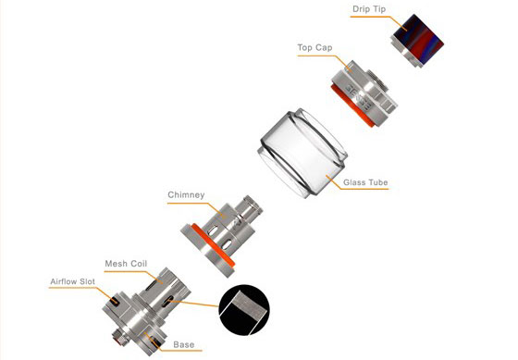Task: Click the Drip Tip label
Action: pyautogui.click(x=369, y=9)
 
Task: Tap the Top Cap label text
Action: pyautogui.click(x=314, y=47)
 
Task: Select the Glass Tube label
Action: pyautogui.click(x=365, y=182)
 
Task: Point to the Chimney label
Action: pyautogui.click(x=186, y=195)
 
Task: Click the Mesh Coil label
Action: pyautogui.click(x=126, y=264)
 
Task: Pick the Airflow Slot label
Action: pyautogui.click(x=73, y=281)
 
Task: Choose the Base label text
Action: pyautogui.click(x=184, y=344)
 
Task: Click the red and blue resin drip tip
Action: pyautogui.click(x=417, y=40)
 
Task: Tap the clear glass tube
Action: pyautogui.click(x=302, y=153)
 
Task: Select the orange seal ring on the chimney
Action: pyautogui.click(x=214, y=245)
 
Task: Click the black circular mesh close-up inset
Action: pyautogui.click(x=244, y=310)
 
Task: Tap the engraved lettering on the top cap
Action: pyautogui.click(x=360, y=96)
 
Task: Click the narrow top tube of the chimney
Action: pyautogui.click(x=250, y=207)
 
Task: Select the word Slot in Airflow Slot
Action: pyautogui.click(x=86, y=281)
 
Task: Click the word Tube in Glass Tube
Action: pyautogui.click(x=376, y=182)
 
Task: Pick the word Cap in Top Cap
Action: pyautogui.click(x=324, y=48)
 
